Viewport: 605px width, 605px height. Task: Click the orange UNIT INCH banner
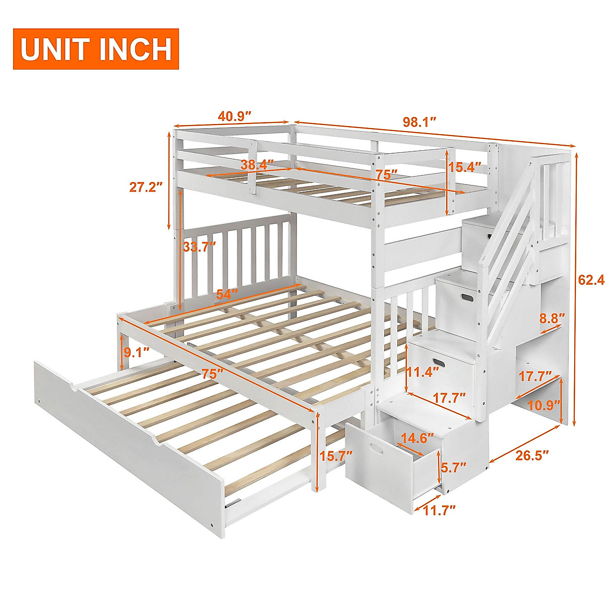[96, 49]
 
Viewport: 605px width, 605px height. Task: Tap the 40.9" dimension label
[234, 116]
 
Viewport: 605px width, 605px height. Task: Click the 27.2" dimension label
[146, 188]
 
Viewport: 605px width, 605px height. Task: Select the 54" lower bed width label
[227, 294]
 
